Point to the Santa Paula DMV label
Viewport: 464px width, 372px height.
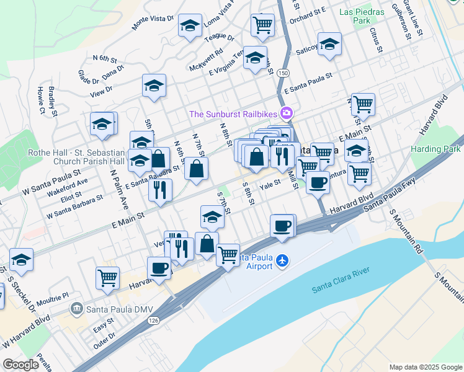pyautogui.click(x=114, y=307)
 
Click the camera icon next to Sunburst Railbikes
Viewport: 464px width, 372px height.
pyautogui.click(x=287, y=113)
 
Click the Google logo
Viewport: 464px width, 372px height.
pyautogui.click(x=21, y=365)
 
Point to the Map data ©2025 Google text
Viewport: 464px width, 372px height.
pyautogui.click(x=425, y=367)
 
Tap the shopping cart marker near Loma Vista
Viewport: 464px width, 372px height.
pyautogui.click(x=262, y=25)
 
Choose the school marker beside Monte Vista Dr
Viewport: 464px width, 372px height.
pyautogui.click(x=189, y=26)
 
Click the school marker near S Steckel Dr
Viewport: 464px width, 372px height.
pyautogui.click(x=21, y=260)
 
